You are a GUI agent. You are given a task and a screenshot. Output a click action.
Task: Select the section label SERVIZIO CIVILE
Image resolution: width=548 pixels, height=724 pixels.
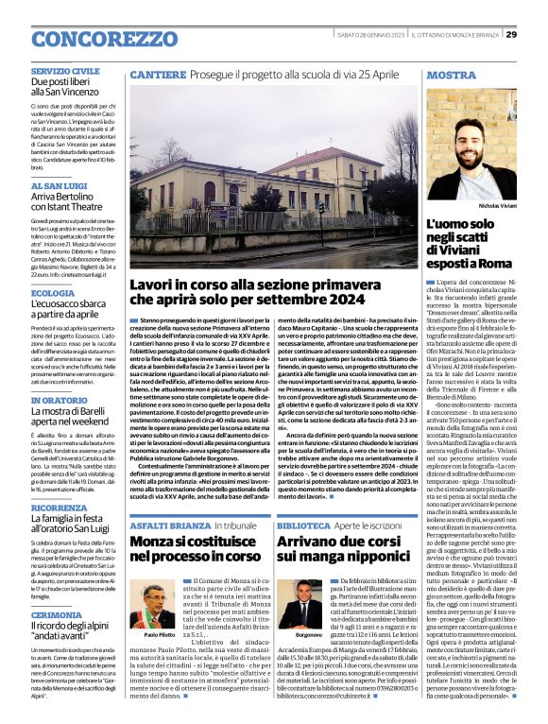coord(65,71)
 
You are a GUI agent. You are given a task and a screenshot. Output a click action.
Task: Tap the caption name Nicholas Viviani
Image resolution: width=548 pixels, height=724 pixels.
coord(498,204)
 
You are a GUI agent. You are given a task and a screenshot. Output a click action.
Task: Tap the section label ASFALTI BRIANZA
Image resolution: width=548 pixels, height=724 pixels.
coord(163,523)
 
